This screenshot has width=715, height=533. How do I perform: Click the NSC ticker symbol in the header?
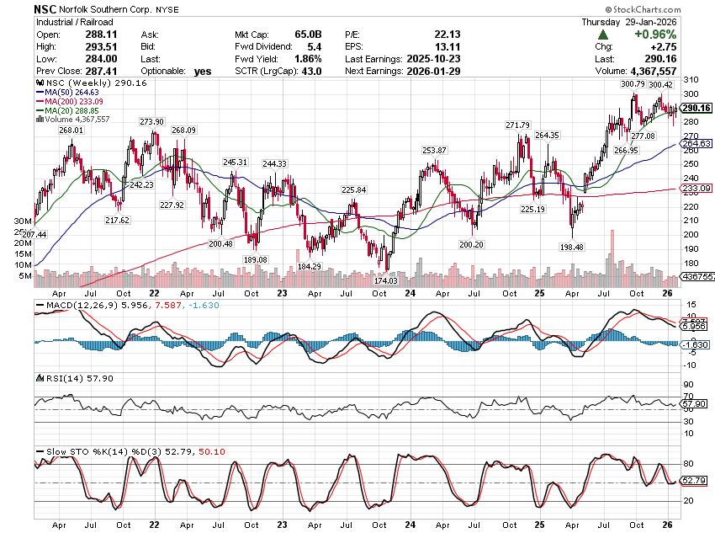tap(46, 8)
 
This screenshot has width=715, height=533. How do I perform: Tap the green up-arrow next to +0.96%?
tap(603, 35)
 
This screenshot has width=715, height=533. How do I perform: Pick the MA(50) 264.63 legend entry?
tap(73, 93)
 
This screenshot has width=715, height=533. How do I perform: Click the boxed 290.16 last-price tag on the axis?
tap(696, 108)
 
